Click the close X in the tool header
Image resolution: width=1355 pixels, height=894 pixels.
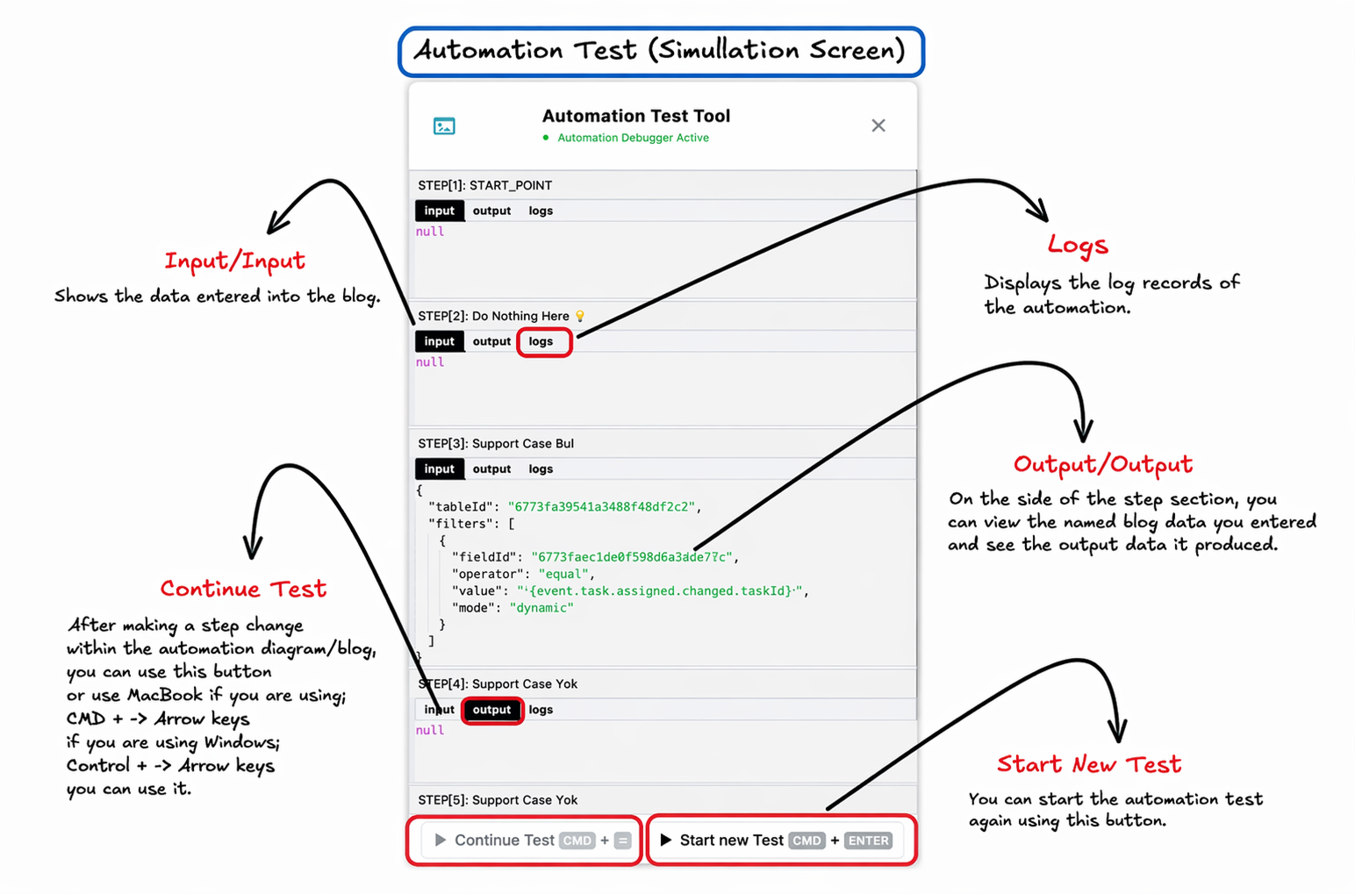[x=878, y=125]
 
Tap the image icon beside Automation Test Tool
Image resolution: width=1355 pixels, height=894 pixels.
[x=444, y=125]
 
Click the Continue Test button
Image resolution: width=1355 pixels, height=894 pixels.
[x=526, y=840]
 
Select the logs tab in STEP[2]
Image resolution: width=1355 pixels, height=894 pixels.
[x=541, y=341]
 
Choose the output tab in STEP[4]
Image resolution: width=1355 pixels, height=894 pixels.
[x=491, y=710]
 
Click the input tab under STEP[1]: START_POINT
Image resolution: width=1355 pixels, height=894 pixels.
[x=439, y=211]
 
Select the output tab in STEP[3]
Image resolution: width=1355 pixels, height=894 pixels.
[x=491, y=468]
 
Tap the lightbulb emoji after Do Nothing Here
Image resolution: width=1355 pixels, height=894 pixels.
[x=579, y=316]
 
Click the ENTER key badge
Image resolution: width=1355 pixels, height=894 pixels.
[x=869, y=840]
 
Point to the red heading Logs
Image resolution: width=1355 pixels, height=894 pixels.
[x=1078, y=246]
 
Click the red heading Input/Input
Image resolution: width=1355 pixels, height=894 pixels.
[x=234, y=261]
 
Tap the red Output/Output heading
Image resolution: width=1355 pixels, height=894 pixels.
[x=1103, y=464]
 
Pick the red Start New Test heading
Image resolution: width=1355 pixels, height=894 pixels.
[x=1089, y=764]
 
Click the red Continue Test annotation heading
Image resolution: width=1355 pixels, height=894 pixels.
[x=243, y=589]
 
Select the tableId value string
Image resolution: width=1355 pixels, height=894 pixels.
[x=602, y=507]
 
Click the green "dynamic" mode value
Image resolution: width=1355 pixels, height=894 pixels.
[x=541, y=608]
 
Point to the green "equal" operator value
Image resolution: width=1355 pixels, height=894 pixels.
[x=563, y=574]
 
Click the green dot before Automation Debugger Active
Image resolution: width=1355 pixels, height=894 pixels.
[x=546, y=138]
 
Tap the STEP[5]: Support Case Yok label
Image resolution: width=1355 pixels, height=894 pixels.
[x=498, y=799]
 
